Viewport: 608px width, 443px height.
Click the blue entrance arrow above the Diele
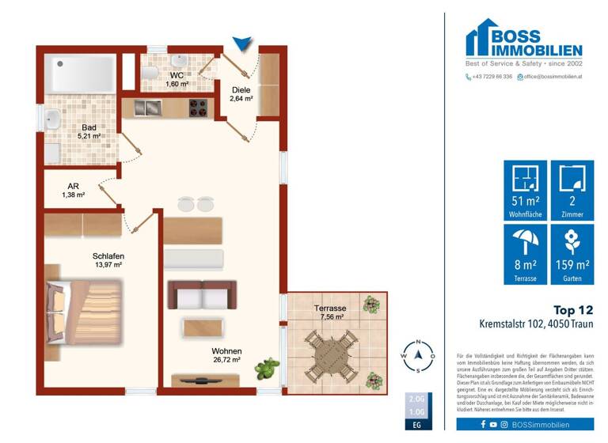click(x=243, y=45)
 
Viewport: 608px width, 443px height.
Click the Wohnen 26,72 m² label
click(x=226, y=354)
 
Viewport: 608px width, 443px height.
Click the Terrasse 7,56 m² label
click(x=329, y=312)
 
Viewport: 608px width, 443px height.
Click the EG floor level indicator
click(x=416, y=426)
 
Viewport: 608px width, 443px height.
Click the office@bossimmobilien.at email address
click(x=552, y=77)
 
